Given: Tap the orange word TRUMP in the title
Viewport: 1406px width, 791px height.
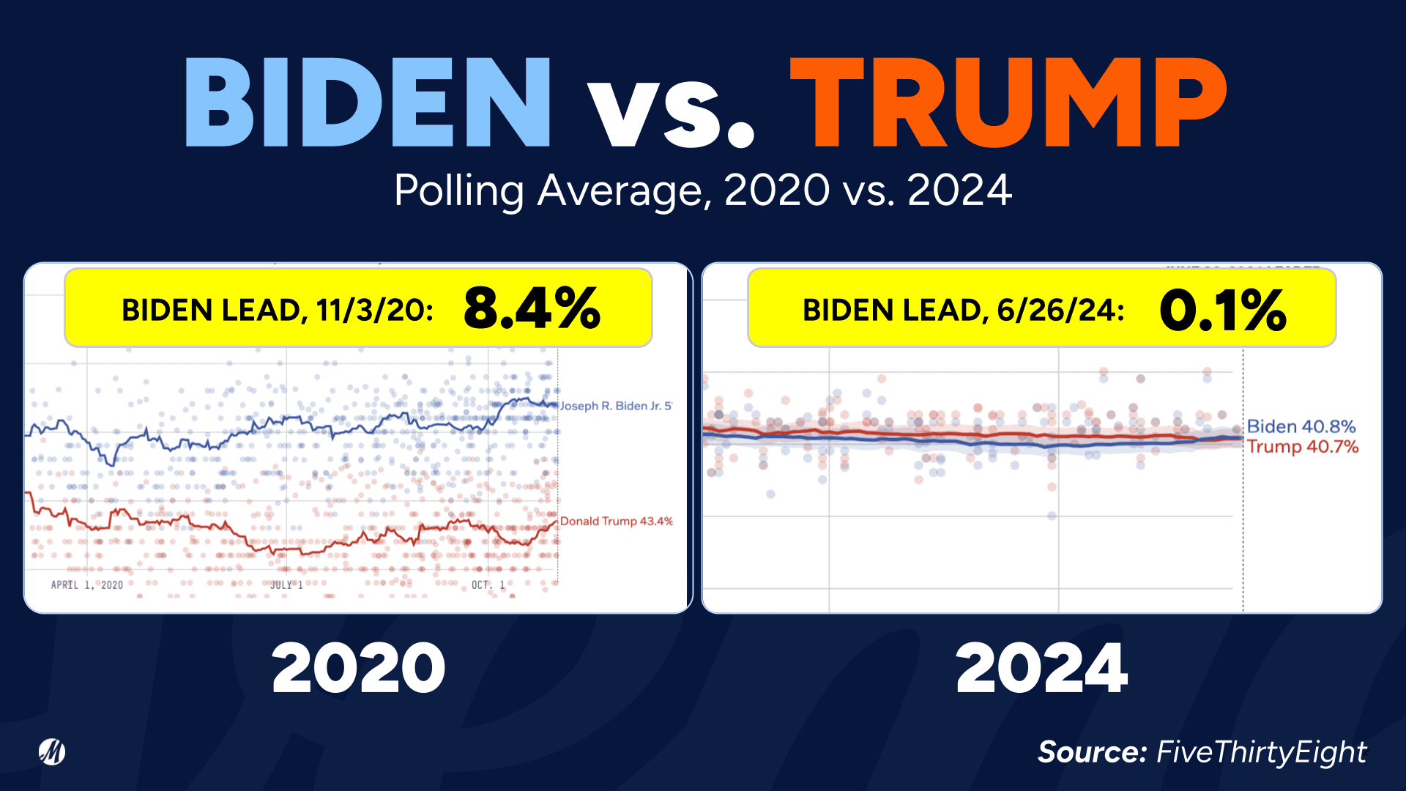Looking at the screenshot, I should pos(1008,103).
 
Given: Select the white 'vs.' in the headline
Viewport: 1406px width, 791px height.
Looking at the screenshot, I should pos(670,110).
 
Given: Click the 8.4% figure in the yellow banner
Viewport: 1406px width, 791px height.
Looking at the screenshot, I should pos(532,308).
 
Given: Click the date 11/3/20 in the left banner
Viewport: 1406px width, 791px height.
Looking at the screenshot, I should pos(374,311).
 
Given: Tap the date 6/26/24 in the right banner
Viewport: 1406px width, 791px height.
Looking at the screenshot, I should pos(1060,311).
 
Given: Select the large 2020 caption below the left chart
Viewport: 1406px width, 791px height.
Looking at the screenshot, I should pos(358,668).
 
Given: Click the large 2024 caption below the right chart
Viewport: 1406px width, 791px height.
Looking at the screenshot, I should pos(1041,668).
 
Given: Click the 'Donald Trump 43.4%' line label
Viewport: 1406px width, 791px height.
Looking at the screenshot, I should pos(616,521).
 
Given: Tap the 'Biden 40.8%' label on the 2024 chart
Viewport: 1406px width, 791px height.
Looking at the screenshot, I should pos(1301,426).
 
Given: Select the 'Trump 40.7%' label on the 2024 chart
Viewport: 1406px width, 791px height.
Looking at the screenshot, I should pos(1303,447).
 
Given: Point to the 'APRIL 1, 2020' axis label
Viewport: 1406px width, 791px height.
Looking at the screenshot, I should pos(86,584).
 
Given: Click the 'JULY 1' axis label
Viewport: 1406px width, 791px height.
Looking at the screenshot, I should pos(286,584).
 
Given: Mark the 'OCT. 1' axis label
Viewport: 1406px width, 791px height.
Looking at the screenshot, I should pos(488,584).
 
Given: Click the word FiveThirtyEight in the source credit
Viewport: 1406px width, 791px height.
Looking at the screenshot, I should pos(1261,752).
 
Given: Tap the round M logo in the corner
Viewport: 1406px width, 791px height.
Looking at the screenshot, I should pos(52,751).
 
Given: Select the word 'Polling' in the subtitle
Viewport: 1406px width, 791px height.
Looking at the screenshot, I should pos(458,190).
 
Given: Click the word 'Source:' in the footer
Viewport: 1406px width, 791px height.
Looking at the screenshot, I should pos(1092,752).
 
